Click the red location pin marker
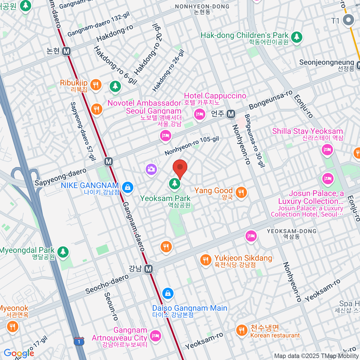point(180,168)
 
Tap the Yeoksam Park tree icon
point(175,183)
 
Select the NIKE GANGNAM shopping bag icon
point(128,187)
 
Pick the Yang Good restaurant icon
point(241,192)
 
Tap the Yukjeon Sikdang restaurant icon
point(205,259)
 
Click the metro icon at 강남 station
point(148,269)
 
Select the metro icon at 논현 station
point(67,51)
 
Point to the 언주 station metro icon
point(231,114)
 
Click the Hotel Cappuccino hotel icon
point(199,114)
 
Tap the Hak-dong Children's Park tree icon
point(297,37)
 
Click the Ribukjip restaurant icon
point(96,85)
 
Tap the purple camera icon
point(151,169)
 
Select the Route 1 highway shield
point(79,341)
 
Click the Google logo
point(19,353)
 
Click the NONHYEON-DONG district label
point(202,7)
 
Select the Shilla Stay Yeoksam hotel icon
point(327,149)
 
